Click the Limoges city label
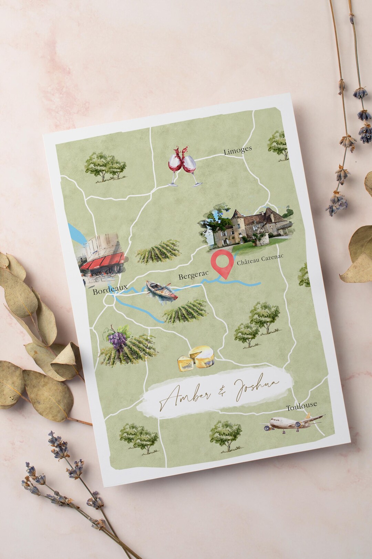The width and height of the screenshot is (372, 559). tap(238, 150)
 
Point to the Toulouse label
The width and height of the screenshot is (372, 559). tap(302, 406)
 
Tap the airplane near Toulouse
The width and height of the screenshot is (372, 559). tap(293, 423)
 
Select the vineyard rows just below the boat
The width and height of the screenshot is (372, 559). tap(186, 311)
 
